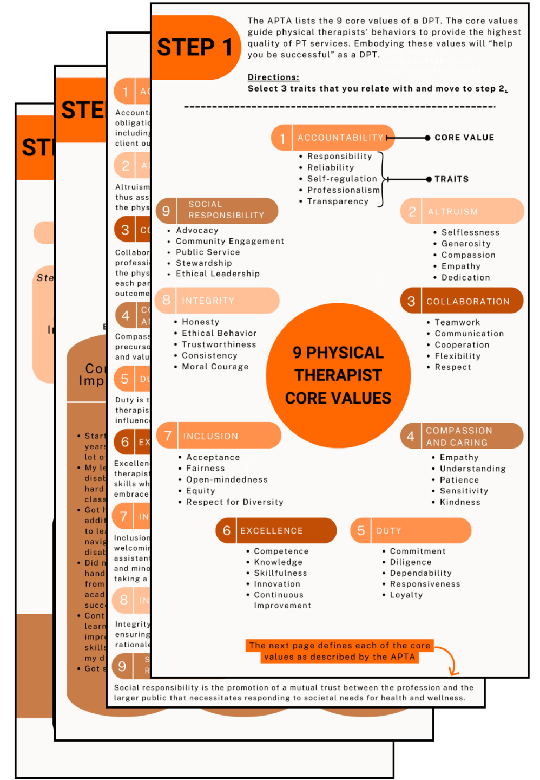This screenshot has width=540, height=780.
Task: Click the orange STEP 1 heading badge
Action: coord(195,48)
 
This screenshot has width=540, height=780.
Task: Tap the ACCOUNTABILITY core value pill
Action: coord(333,138)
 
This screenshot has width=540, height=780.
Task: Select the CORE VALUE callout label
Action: coord(464,138)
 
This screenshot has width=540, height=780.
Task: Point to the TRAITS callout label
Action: coord(451,179)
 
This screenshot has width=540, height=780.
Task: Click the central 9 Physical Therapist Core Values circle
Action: coord(338,375)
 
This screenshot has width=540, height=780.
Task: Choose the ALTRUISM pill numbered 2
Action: coord(462,211)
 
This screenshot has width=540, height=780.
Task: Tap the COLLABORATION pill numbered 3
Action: coord(462,301)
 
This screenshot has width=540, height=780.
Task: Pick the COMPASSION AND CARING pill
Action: coord(462,436)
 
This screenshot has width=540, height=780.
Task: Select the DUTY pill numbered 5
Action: coord(411,530)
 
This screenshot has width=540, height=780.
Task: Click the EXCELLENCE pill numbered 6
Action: coord(276,530)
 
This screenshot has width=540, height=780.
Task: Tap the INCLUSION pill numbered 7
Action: coord(219,435)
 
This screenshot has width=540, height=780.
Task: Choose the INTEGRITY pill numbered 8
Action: coord(217,301)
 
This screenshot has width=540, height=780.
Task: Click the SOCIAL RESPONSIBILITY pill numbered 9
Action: coord(216,210)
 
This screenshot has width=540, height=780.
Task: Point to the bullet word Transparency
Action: coord(338,201)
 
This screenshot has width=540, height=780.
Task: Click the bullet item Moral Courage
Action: coord(215,367)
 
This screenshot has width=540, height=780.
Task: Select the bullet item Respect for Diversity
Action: coord(234,502)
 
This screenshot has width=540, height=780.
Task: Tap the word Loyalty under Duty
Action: coord(406,595)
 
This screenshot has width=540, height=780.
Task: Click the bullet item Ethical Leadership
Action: coord(218,274)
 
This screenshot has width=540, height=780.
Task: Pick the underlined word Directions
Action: coord(273,77)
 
